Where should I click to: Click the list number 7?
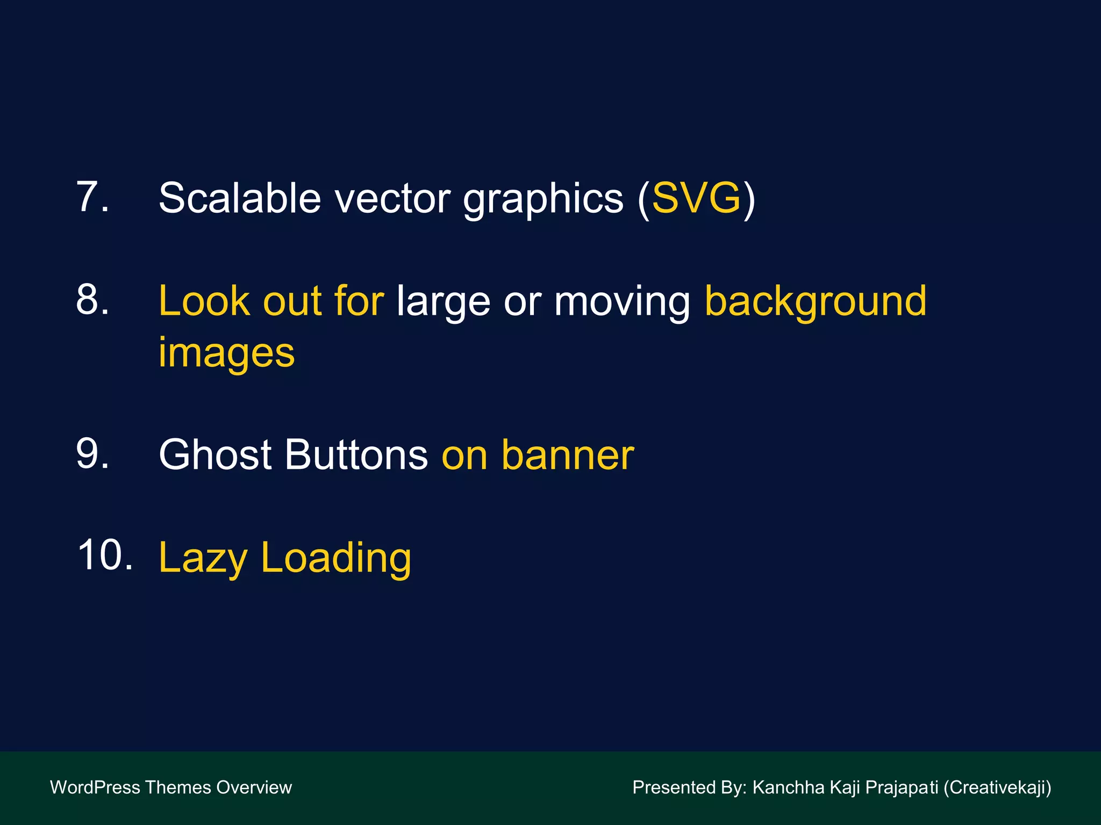coord(92,197)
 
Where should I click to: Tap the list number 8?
coord(92,300)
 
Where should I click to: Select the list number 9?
coord(92,454)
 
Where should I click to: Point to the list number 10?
coord(104,555)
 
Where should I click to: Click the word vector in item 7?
coord(393,199)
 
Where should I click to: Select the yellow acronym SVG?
coord(696,198)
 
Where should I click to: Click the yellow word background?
coord(815,302)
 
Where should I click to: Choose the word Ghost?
coord(215,454)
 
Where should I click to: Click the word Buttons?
coord(356,454)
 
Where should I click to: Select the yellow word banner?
coord(568,455)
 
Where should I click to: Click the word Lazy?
coord(203,559)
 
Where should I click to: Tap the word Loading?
coord(336,559)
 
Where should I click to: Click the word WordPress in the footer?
coord(95,787)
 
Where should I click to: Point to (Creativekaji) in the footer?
coord(997,787)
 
